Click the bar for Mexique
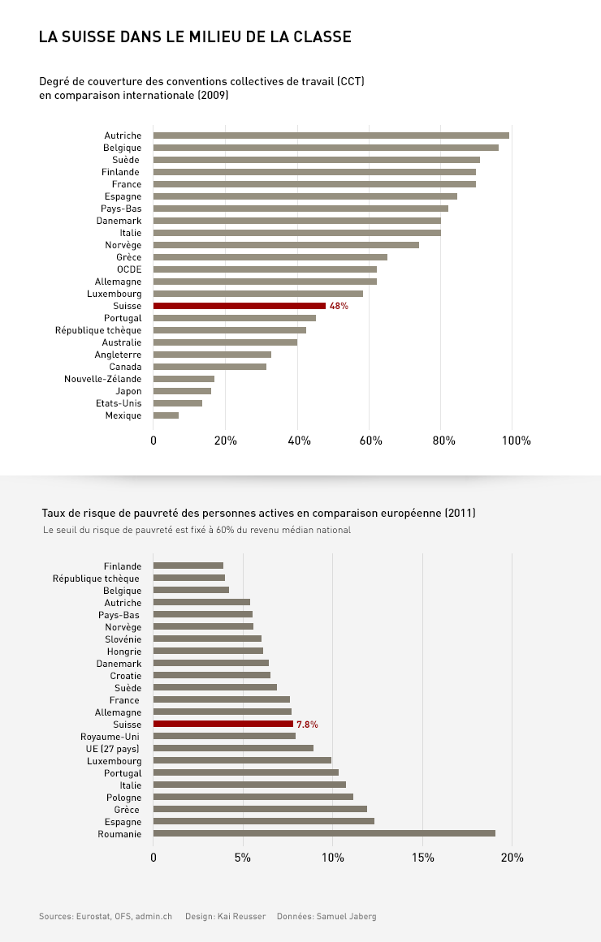click(x=166, y=415)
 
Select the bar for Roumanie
click(x=324, y=833)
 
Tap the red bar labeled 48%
click(x=239, y=306)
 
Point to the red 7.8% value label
click(x=307, y=724)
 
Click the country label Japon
click(x=128, y=391)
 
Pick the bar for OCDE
click(x=265, y=269)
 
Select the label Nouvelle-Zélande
click(x=103, y=379)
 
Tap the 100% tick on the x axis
click(x=517, y=441)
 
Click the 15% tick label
click(x=423, y=858)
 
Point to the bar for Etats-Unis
click(x=178, y=403)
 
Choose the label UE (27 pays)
click(x=113, y=748)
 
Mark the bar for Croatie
click(x=212, y=675)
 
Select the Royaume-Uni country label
click(x=110, y=736)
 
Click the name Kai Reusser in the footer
click(x=240, y=916)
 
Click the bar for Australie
click(x=225, y=342)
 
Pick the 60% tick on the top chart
click(x=370, y=441)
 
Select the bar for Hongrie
click(x=208, y=651)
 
